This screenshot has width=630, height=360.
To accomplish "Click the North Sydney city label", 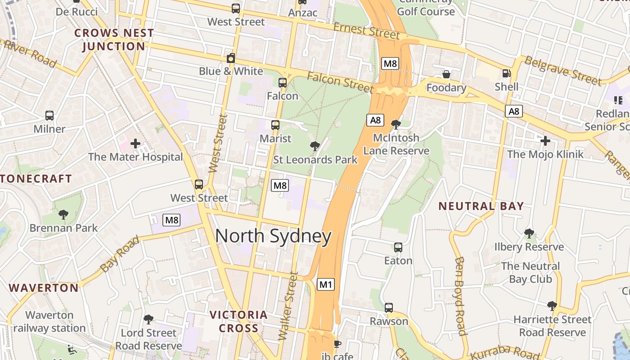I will (x=273, y=236).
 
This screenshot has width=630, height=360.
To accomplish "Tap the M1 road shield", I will (x=326, y=284).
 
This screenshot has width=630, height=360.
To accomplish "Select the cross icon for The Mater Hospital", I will (x=135, y=144).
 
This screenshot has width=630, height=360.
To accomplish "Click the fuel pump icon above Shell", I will (x=507, y=73).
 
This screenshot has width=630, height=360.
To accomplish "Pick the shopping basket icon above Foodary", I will (x=446, y=74).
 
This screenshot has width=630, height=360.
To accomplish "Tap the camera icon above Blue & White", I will (x=231, y=58).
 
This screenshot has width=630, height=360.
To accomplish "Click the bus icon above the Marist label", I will (x=275, y=125).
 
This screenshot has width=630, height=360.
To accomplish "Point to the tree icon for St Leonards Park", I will (x=315, y=146).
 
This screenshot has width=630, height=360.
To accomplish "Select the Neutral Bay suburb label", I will (x=481, y=206).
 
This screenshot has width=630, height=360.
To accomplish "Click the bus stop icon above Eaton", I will (x=398, y=247).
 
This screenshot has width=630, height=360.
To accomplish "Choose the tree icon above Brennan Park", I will (x=63, y=214).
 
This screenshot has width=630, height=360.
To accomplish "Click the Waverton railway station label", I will (x=49, y=321).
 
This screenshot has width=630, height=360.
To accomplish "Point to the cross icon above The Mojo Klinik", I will (x=545, y=141).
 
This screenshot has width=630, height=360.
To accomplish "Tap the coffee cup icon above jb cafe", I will (x=337, y=344).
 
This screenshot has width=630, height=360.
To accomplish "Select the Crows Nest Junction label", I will (x=114, y=40).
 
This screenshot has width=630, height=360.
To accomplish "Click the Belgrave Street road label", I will (x=563, y=71).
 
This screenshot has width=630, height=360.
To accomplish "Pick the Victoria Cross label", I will (x=239, y=321).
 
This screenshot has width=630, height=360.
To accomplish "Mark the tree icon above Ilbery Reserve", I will (x=529, y=233).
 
